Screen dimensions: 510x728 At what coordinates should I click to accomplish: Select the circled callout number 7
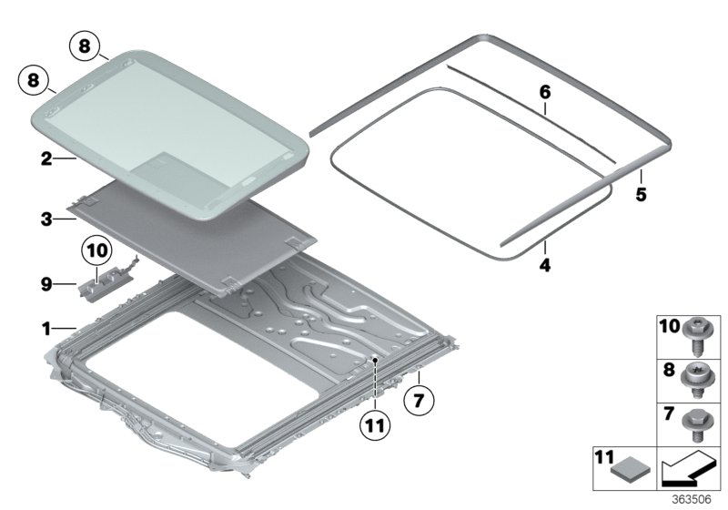420,399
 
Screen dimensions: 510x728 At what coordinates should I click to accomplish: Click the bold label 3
45,219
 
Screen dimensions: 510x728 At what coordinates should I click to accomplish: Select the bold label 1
45,325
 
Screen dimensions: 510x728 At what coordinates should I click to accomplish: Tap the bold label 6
545,92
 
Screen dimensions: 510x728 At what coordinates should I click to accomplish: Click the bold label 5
641,194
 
